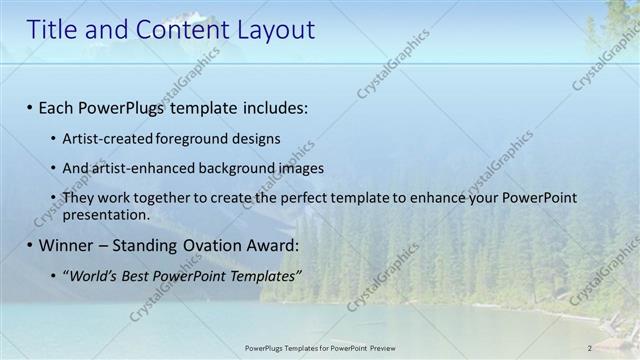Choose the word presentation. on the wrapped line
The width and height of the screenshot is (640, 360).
click(x=106, y=214)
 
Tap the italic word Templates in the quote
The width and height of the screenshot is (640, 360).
click(x=262, y=275)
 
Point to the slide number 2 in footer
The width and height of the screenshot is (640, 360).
click(x=590, y=348)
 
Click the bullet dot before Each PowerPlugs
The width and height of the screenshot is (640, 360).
click(x=30, y=107)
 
